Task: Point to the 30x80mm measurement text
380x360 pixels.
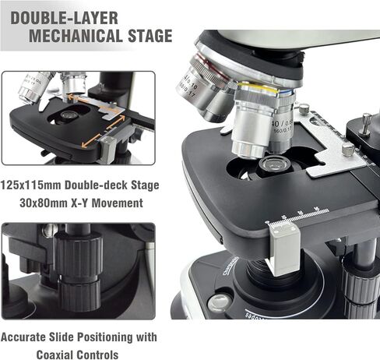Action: pyautogui.click(x=55, y=203)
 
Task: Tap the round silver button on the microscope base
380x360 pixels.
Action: pyautogui.click(x=219, y=302)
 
